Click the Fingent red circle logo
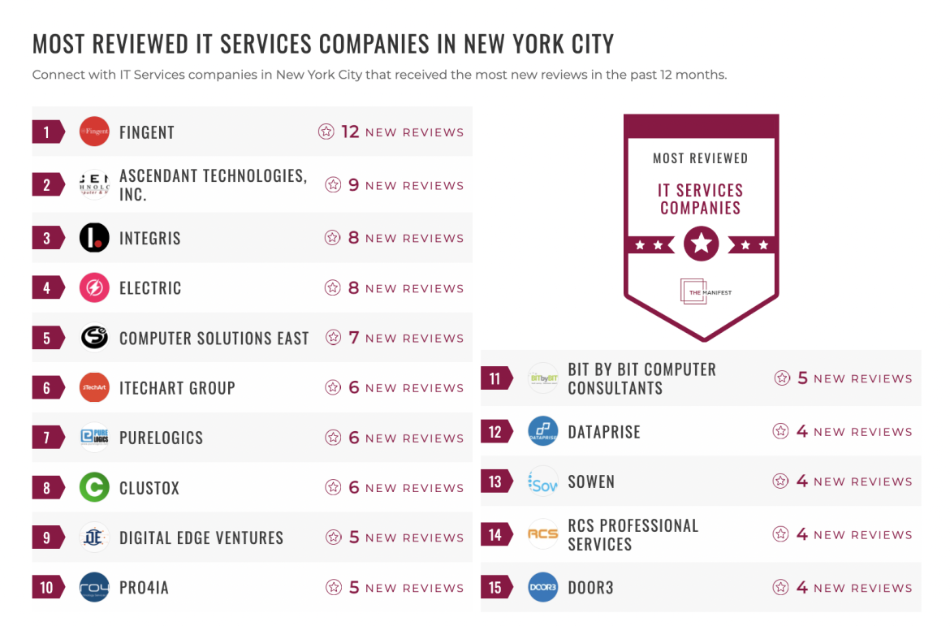tap(94, 132)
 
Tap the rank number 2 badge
tap(47, 185)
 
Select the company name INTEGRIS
tap(149, 239)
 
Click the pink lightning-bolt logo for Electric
tap(94, 288)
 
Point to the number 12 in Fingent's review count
tap(350, 132)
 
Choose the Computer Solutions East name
tap(214, 339)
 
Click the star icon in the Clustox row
tap(333, 488)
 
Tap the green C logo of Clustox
tap(94, 488)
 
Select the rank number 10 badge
tap(47, 588)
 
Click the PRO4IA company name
tap(144, 588)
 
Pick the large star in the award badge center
tap(701, 244)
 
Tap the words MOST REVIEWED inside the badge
tap(700, 158)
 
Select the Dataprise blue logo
tap(542, 432)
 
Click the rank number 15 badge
tap(495, 588)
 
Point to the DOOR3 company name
tap(590, 588)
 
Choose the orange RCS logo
tap(542, 534)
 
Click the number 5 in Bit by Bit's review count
tap(802, 378)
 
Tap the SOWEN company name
tap(590, 481)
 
